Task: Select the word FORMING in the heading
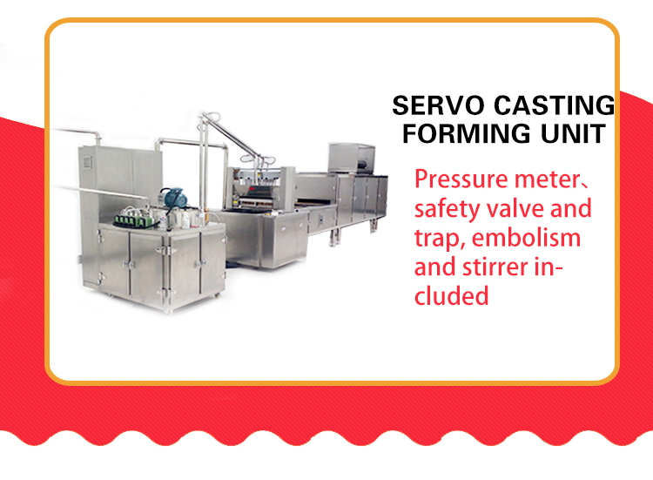(466, 133)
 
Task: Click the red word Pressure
(461, 179)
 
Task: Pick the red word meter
(547, 180)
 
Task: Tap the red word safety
(447, 209)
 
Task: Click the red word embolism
(526, 238)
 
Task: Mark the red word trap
(440, 240)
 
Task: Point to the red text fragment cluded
(451, 296)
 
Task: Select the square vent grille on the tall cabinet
(87, 162)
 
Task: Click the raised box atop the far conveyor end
(352, 158)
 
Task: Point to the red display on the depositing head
(252, 190)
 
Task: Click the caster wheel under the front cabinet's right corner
(217, 295)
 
